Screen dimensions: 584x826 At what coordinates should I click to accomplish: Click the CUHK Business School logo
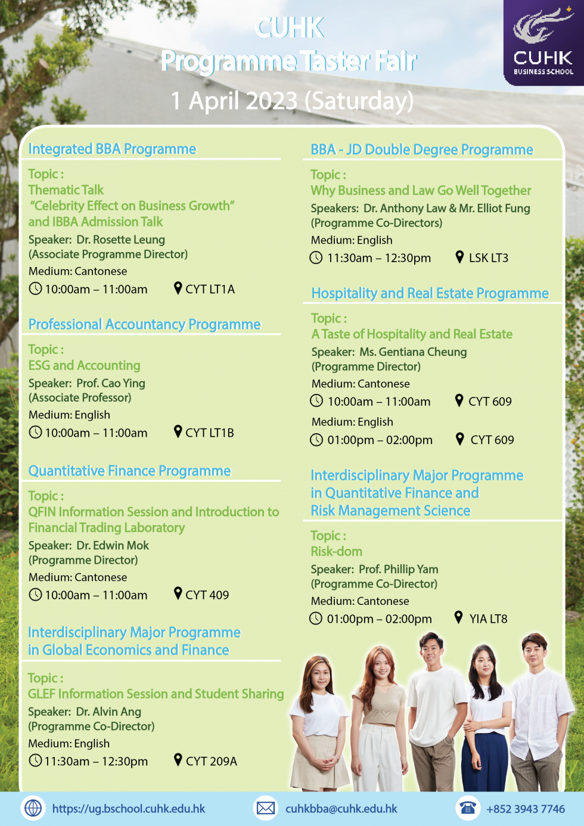pyautogui.click(x=544, y=42)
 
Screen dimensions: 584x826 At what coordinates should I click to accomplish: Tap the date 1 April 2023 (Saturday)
pyautogui.click(x=292, y=101)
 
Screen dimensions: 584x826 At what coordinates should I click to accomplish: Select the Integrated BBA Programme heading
pyautogui.click(x=113, y=149)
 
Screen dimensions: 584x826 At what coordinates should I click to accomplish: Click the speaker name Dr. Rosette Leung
pyautogui.click(x=120, y=240)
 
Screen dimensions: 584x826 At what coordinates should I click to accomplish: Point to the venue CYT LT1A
pyautogui.click(x=210, y=289)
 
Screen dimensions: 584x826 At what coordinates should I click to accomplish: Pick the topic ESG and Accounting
pyautogui.click(x=85, y=365)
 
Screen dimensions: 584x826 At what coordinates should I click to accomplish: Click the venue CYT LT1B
pyautogui.click(x=210, y=433)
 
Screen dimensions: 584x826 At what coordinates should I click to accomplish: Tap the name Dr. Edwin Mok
pyautogui.click(x=113, y=545)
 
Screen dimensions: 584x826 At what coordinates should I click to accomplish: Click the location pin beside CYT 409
pyautogui.click(x=178, y=594)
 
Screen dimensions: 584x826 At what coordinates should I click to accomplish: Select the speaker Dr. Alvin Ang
pyautogui.click(x=108, y=712)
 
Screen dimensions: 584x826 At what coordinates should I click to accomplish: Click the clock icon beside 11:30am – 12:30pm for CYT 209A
pyautogui.click(x=35, y=760)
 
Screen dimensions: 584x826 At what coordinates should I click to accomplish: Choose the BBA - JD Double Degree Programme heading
pyautogui.click(x=422, y=150)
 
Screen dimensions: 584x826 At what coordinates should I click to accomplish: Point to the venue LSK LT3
pyautogui.click(x=489, y=258)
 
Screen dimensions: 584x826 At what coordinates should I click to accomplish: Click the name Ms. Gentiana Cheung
pyautogui.click(x=414, y=352)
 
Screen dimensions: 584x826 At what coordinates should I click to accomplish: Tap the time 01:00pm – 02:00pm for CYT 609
pyautogui.click(x=380, y=440)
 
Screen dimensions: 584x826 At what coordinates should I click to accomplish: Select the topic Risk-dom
pyautogui.click(x=337, y=551)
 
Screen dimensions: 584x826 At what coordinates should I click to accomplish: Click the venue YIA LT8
pyautogui.click(x=489, y=619)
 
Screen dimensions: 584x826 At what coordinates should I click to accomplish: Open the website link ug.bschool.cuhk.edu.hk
pyautogui.click(x=129, y=809)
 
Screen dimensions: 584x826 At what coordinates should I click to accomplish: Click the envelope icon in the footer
pyautogui.click(x=265, y=808)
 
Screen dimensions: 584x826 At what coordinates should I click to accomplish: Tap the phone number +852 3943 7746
pyautogui.click(x=526, y=809)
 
